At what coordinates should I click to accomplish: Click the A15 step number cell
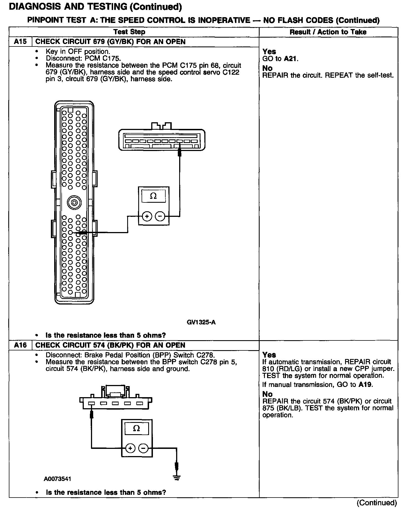[x=20, y=42]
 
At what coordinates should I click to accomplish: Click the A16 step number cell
[x=20, y=345]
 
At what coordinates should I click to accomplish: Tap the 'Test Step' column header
[x=129, y=32]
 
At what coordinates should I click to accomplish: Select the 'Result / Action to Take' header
[x=328, y=32]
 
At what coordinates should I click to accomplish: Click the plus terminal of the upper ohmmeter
[x=147, y=216]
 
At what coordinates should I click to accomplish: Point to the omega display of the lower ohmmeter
[x=136, y=428]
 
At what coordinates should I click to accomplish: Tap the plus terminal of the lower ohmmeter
[x=130, y=448]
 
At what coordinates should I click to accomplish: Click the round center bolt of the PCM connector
[x=74, y=203]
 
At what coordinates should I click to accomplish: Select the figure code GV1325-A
[x=201, y=322]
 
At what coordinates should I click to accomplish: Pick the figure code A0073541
[x=57, y=479]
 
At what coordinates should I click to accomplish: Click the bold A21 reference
[x=291, y=59]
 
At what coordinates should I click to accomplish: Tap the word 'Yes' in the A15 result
[x=269, y=51]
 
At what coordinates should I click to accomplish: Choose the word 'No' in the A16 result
[x=267, y=394]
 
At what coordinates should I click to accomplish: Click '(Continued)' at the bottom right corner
[x=377, y=502]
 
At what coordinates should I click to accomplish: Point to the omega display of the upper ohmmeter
[x=153, y=196]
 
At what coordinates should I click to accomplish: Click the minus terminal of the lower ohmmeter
[x=143, y=448]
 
